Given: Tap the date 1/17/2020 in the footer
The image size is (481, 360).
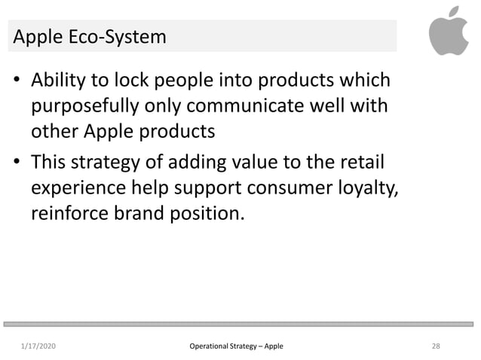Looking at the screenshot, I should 41,346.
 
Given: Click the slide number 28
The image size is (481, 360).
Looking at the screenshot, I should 436,346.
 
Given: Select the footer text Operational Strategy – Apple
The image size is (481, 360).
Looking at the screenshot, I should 237,346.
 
